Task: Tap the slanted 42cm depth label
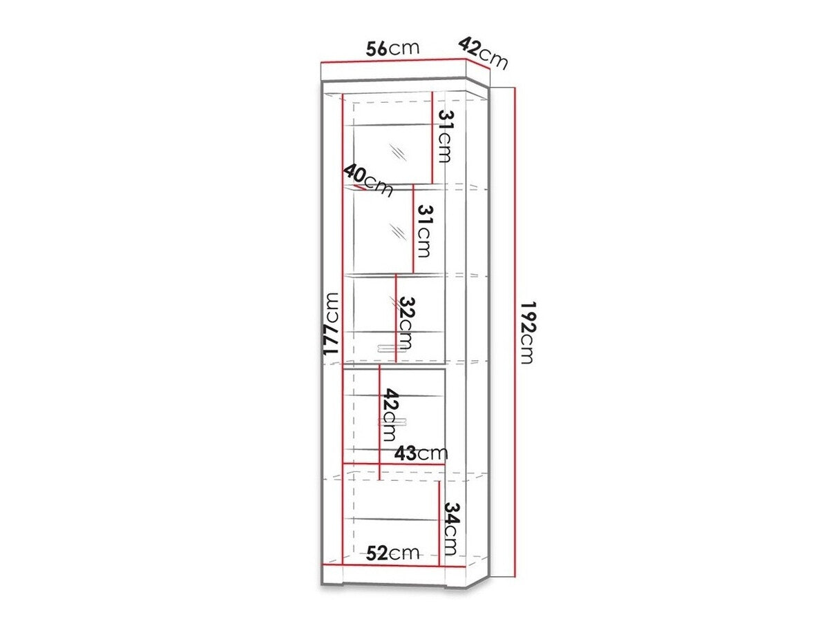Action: point(483,53)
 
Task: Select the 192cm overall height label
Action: point(527,332)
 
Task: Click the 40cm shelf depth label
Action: point(368,180)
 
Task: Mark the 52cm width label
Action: point(392,554)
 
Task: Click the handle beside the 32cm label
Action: point(392,348)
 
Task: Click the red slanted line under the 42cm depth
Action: point(477,63)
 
